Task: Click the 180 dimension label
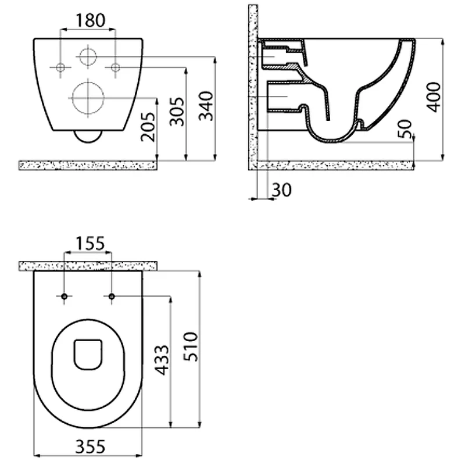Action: [90, 20]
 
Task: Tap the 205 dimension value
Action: [148, 127]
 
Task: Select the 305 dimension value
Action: [177, 111]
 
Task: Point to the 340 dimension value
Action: [206, 106]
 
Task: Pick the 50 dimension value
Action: [405, 129]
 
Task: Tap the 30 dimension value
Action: [282, 190]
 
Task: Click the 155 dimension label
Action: [90, 243]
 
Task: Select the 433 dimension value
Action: [162, 360]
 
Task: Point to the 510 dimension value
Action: [191, 346]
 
